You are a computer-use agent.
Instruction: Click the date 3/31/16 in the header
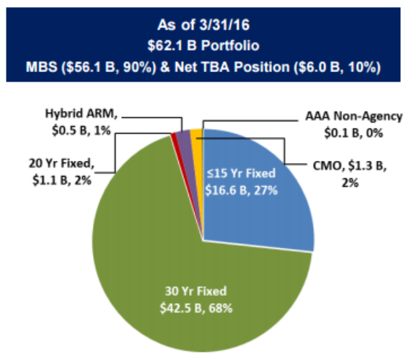click(224, 25)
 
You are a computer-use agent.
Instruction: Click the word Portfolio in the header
click(230, 45)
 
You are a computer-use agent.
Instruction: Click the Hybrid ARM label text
click(82, 114)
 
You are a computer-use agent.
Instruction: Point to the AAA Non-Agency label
click(354, 116)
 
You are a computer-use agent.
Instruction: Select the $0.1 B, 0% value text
click(353, 133)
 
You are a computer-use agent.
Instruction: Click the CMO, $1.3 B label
click(350, 166)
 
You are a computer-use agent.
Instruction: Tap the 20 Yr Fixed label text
click(61, 164)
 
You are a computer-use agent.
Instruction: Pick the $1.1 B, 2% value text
click(62, 180)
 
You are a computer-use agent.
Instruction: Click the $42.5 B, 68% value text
click(196, 308)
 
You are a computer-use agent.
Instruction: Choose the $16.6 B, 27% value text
click(242, 190)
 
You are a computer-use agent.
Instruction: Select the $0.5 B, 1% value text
click(82, 131)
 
